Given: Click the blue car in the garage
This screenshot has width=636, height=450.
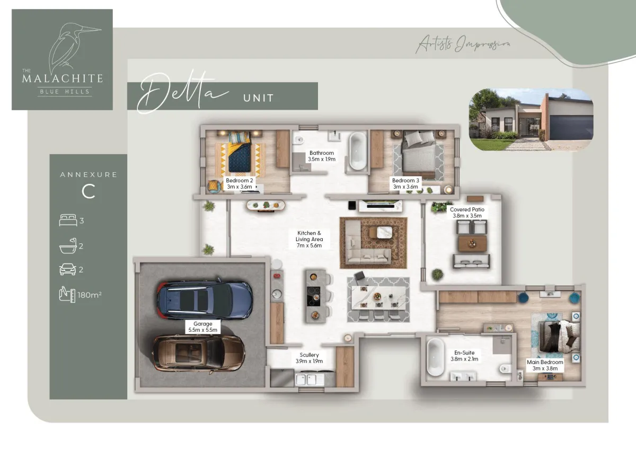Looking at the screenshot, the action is coord(205,300).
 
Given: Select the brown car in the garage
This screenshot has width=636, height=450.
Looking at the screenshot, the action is coord(199,354).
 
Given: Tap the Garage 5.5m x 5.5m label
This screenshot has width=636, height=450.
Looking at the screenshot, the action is coord(202,327).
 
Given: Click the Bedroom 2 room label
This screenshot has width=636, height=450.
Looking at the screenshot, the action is coord(240,183).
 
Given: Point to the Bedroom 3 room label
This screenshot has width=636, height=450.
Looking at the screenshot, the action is coord(405,183).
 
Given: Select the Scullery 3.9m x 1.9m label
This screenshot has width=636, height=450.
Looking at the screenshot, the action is coord(309,358).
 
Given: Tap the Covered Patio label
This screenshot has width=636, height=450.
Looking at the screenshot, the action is coord(467,213).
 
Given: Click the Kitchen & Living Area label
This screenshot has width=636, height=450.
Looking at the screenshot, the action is coord(309,239).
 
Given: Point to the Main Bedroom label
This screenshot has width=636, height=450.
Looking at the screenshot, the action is coord(545,365).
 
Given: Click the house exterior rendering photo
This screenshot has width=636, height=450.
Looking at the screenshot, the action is coord(531,119).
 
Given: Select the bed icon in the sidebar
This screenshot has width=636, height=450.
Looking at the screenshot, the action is coord(68,220).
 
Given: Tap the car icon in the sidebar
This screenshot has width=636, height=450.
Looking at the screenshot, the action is coord(68,269).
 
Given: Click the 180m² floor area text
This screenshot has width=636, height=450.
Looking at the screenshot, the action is coord(90,295).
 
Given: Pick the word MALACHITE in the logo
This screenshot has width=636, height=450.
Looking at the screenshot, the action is coord(63,78).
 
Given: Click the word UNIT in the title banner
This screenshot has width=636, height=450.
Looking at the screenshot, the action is coord(259,98).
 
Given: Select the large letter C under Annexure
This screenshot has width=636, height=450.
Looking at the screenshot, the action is coord(89,191).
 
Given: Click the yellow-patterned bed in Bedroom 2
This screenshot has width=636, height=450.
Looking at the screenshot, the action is coord(240,153).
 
